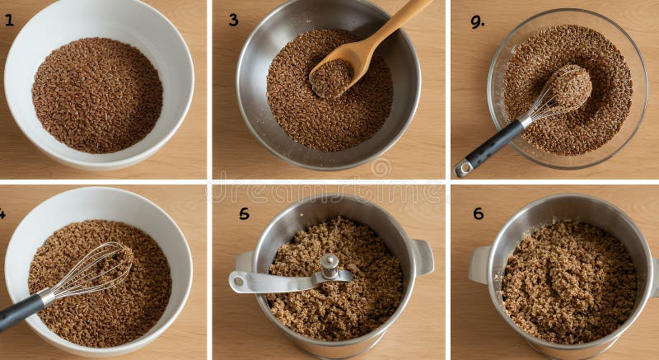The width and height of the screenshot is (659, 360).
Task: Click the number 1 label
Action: coord(9,20)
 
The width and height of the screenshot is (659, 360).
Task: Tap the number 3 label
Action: coord(233,20)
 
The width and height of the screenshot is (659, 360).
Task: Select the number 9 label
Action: coord(477,22)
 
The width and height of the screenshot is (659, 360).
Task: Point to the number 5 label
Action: coord(244,213)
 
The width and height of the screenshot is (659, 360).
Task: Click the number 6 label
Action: coord(478,213)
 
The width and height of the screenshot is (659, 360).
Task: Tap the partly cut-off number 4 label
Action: coord(2,214)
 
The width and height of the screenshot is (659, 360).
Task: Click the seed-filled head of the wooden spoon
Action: coord(332,78)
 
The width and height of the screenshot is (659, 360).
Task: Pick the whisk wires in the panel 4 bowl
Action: coord(95,269)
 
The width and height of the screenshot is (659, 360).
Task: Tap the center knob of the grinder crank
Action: coord(329,264)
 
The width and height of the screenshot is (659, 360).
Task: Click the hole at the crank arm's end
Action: coord(239,282)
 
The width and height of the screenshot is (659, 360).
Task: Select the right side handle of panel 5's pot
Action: coord(422,256)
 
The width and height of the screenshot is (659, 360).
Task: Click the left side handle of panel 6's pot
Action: coord(479,264)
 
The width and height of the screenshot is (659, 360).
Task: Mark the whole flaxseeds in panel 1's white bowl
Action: coord(97,95)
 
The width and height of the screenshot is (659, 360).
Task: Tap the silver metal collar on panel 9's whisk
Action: coord(526,123)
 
